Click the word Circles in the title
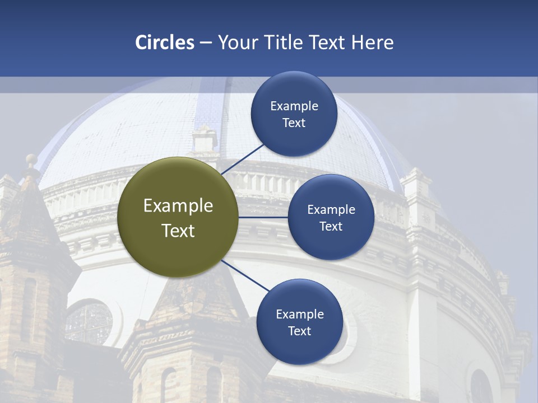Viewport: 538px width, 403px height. coord(164,43)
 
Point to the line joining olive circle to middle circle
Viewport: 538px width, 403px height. coord(263,217)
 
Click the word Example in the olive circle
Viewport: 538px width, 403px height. coord(178,205)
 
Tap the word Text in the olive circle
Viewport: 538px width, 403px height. coord(178,231)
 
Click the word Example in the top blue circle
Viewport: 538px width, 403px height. coord(294,106)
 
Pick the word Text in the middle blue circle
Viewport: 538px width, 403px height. coord(331,226)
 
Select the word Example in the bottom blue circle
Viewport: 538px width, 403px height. coord(300,314)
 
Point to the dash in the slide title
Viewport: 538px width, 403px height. coord(206,43)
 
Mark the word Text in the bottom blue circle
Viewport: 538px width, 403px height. coord(299,331)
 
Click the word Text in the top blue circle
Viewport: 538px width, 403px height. coord(294,123)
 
